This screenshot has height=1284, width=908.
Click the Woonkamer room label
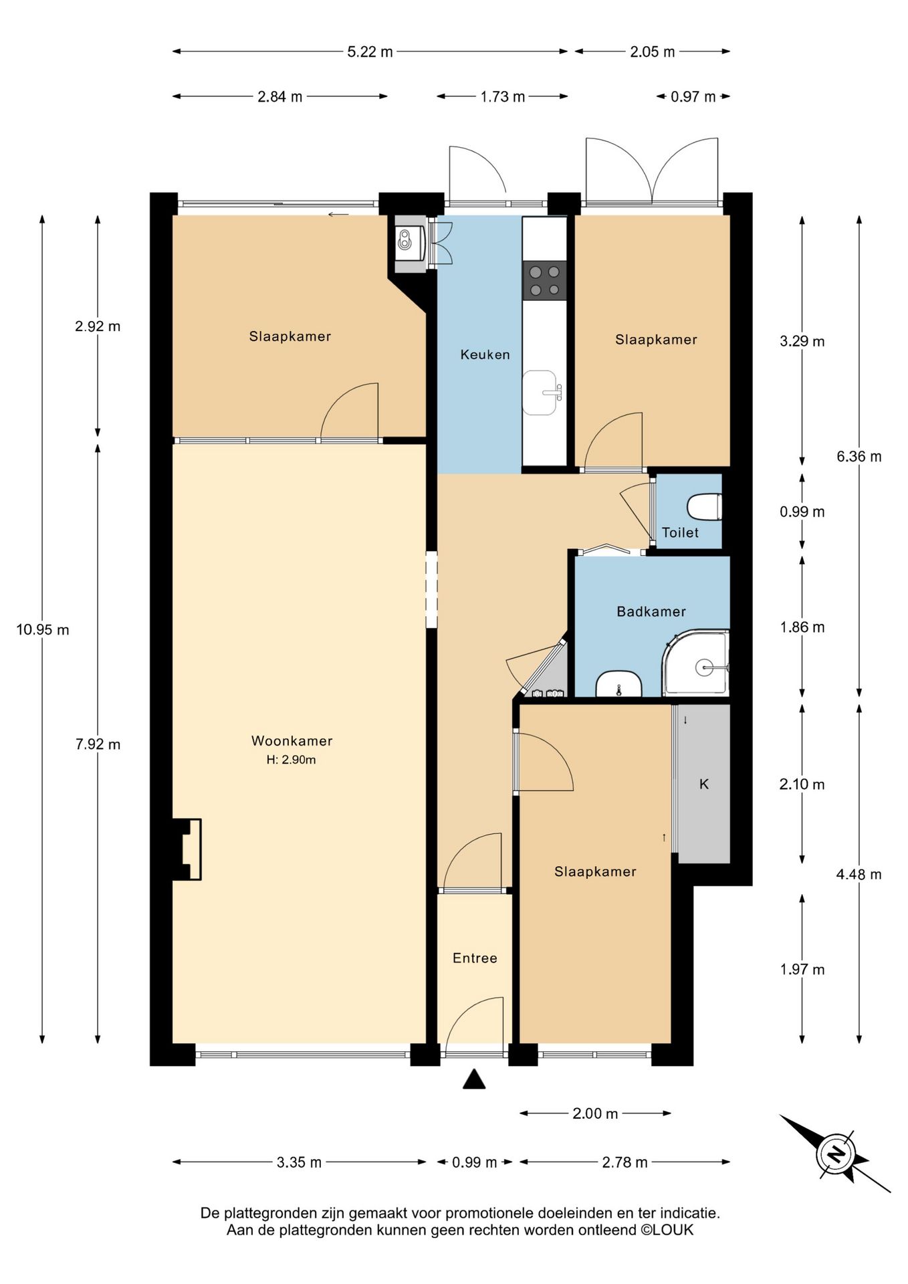click(292, 740)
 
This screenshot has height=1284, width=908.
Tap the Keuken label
click(485, 354)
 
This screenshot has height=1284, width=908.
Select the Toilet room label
click(680, 532)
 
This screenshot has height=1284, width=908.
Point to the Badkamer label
click(651, 611)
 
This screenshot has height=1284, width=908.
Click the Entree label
click(475, 958)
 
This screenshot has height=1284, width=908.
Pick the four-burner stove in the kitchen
click(544, 280)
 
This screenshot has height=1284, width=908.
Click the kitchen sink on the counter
click(541, 393)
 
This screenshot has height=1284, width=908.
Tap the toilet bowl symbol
click(705, 506)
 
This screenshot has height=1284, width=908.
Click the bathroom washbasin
click(618, 685)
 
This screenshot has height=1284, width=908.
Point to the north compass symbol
click(835, 1154)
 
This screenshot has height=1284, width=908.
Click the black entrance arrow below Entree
click(474, 1079)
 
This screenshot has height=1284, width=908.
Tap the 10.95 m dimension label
click(43, 629)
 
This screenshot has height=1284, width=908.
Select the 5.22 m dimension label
click(370, 51)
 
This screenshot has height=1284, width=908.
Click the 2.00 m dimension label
click(595, 1113)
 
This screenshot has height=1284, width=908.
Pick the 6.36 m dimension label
click(859, 456)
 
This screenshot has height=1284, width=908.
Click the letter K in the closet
click(703, 784)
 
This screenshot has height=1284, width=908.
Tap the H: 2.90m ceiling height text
click(291, 760)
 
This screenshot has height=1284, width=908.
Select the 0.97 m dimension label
click(693, 96)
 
